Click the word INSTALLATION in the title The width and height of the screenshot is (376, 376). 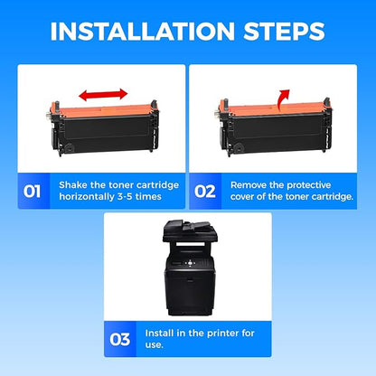tap(143, 31)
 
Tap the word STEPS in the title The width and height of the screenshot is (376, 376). tap(284, 31)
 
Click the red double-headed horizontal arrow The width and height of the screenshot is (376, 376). tap(103, 95)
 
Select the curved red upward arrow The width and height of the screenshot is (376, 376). tap(283, 99)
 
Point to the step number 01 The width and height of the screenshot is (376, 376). tap(32, 192)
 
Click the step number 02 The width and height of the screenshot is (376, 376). tap(205, 192)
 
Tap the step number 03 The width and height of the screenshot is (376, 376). tap(120, 340)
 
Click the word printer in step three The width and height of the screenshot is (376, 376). tap(213, 334)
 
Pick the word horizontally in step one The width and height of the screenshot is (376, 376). tap(87, 197)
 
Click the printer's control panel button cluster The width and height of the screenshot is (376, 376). tap(190, 263)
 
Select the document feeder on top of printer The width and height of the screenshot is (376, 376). tap(187, 229)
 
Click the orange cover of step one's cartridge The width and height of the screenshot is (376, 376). tap(103, 110)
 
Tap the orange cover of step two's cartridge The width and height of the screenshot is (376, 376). tap(273, 110)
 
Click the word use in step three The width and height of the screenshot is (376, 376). tap(153, 345)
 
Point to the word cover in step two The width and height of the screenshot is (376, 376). tap(242, 197)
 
